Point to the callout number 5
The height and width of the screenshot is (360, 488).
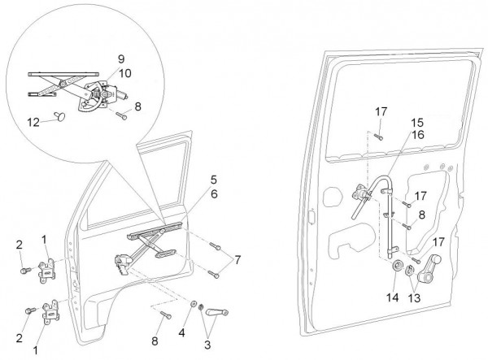(x=213, y=179)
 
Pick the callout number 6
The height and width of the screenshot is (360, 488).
(x=213, y=194)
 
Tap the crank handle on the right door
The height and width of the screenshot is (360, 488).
(x=432, y=266)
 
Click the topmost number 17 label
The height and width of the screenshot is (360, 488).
(x=381, y=111)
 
